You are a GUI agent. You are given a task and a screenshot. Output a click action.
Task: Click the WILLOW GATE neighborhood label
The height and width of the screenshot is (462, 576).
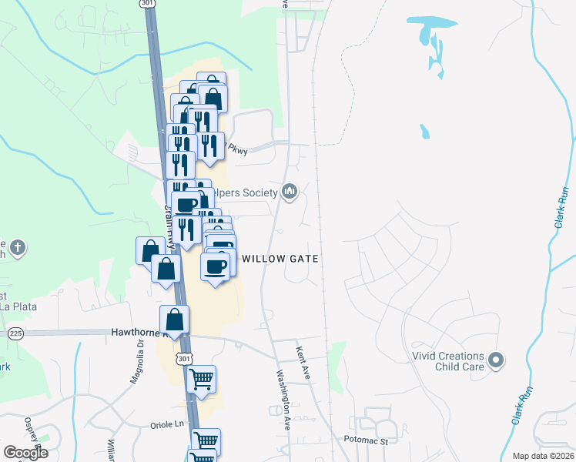click(x=280, y=259)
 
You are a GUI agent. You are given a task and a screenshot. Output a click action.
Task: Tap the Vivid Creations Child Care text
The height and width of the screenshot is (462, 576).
click(x=447, y=361)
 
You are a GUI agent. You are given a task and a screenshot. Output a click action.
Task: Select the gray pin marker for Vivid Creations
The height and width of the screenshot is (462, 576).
click(x=496, y=359)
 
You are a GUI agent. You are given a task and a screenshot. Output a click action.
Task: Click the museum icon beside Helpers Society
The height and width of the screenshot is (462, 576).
click(x=290, y=190)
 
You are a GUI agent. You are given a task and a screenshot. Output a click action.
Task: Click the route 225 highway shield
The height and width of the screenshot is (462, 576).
click(x=15, y=333)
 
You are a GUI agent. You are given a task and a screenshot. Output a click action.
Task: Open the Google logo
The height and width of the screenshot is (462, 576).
click(x=25, y=453)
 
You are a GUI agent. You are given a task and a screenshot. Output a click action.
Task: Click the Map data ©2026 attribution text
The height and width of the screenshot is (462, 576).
click(x=542, y=456)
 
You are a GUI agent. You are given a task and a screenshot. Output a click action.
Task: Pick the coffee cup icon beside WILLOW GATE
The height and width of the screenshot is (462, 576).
click(x=216, y=266)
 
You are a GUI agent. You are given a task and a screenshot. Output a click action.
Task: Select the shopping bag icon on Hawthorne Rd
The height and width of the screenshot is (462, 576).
click(x=176, y=320)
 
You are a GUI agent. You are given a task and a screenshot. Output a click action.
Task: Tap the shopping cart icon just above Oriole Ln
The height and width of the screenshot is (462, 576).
click(x=202, y=379)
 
